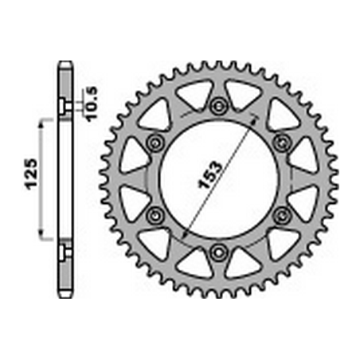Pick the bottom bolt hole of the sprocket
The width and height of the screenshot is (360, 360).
[218, 253]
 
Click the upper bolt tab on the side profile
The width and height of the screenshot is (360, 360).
[64, 105]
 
